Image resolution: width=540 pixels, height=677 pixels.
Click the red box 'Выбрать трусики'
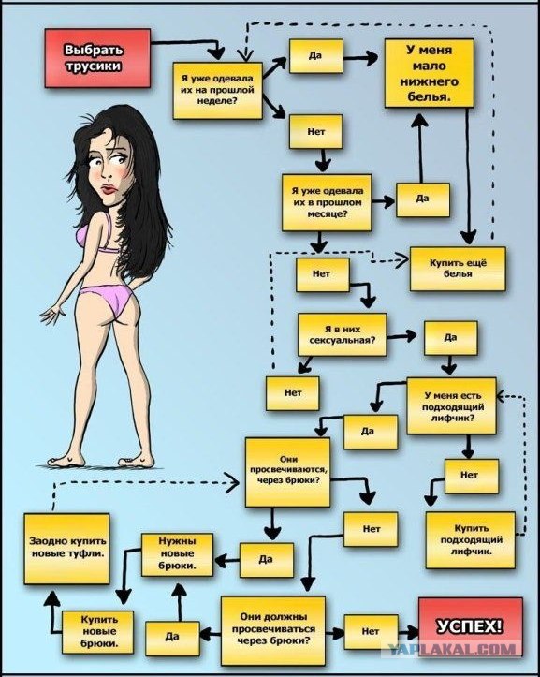(97, 58)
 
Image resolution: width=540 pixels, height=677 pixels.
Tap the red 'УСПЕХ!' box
(470, 626)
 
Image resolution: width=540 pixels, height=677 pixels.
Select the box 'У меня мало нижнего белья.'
(429, 73)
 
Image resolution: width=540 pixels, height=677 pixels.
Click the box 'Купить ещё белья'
(458, 268)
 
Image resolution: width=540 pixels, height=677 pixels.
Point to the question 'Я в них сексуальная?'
(343, 334)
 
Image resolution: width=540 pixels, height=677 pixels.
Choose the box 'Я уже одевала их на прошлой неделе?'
(217, 91)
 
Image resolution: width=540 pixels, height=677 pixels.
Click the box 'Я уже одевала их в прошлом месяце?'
(327, 202)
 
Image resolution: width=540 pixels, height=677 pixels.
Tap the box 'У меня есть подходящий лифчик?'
(451, 405)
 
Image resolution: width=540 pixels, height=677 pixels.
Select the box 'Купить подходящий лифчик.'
(471, 539)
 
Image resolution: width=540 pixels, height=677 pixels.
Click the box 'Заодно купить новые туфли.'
(66, 549)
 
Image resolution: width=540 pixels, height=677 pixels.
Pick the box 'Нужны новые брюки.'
(177, 554)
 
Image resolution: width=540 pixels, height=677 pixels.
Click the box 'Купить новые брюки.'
(97, 631)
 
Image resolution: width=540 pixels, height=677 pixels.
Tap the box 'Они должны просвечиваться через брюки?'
(272, 630)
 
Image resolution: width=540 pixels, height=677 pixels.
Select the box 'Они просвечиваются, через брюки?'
(288, 472)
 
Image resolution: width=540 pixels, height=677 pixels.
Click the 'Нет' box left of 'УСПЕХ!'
(371, 632)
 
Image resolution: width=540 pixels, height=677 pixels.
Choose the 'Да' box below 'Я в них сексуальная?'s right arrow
(451, 338)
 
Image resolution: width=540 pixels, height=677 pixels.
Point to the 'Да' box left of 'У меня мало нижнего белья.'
(316, 56)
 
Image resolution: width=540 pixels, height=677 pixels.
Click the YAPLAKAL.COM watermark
(451, 648)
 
